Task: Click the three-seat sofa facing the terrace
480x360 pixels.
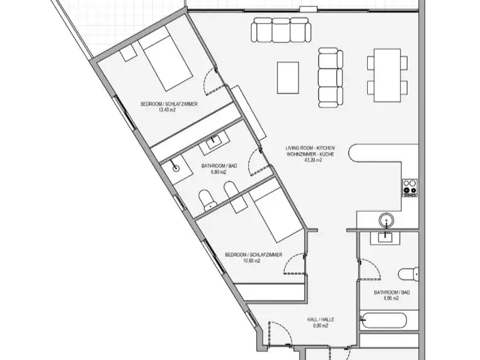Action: pos(281,30)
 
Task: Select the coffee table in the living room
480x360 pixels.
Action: pos(288,78)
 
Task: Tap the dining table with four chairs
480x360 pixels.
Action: pos(387,75)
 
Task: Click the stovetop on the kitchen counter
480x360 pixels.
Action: pos(409,188)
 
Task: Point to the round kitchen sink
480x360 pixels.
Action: pos(386,221)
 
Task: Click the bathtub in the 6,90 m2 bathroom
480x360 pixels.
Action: pos(383,321)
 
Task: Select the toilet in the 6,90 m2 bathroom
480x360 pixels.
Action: pos(409,274)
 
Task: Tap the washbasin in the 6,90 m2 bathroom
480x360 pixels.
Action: pos(385,238)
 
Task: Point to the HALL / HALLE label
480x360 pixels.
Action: pos(321,320)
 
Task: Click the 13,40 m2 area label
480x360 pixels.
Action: pos(167,110)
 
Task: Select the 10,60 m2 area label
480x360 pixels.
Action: pos(251,261)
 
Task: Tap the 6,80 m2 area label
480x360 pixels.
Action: pos(218,172)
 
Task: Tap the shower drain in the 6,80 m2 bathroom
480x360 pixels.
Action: pos(176,168)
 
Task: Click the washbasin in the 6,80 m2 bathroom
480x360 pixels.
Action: pos(214,142)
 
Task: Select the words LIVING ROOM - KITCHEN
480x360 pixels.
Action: pos(310,148)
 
